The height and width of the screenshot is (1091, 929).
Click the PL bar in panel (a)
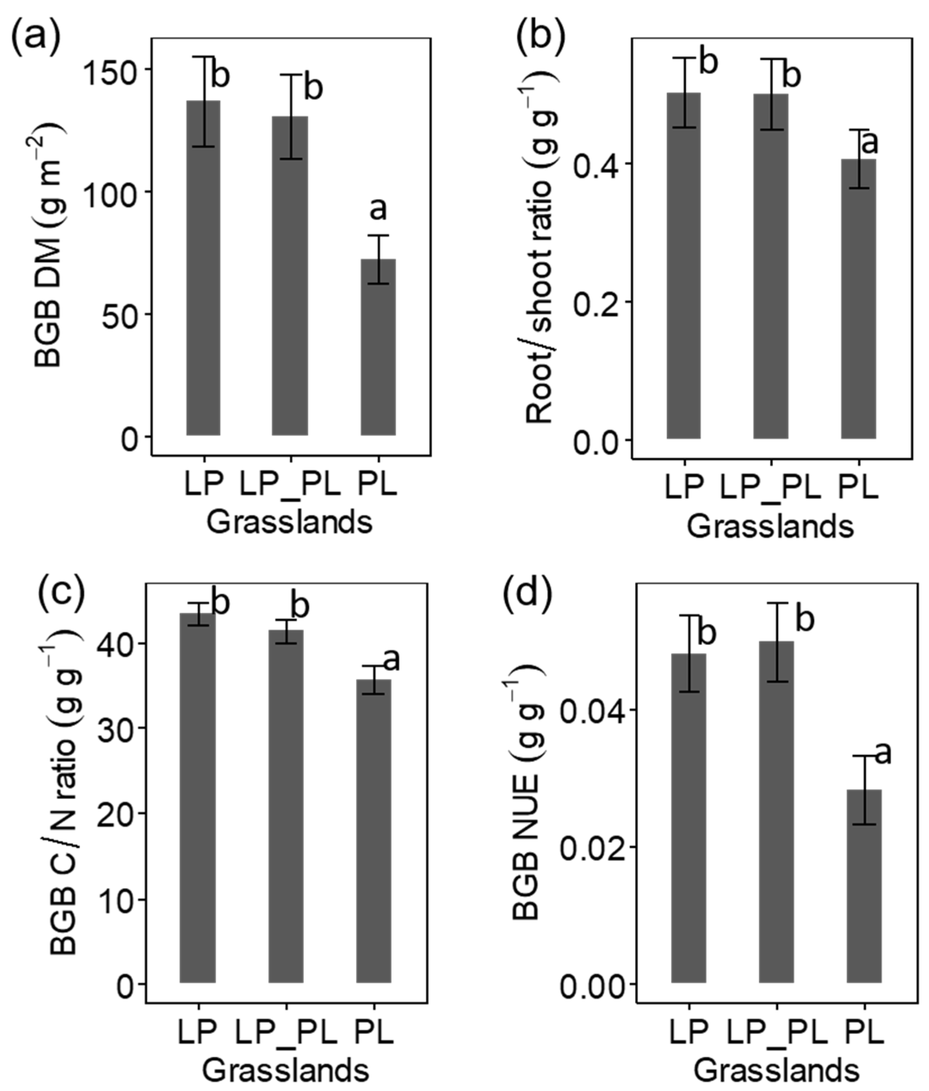click(x=378, y=347)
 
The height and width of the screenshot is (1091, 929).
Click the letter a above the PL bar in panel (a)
click(x=378, y=209)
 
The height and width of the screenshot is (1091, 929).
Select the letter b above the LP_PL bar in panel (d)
click(x=805, y=619)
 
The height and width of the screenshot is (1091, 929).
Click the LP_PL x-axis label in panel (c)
click(x=286, y=1033)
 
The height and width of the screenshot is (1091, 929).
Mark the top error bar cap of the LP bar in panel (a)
click(x=203, y=56)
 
